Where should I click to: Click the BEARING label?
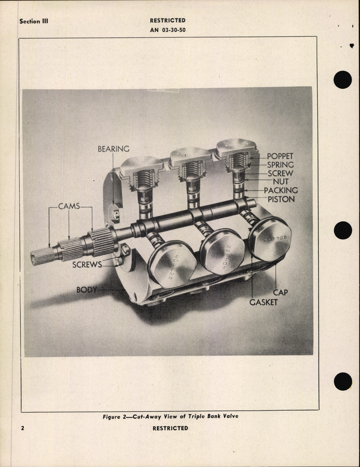click(x=113, y=149)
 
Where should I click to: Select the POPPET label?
click(x=280, y=156)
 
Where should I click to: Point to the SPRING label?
click(x=280, y=165)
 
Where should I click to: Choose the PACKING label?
click(x=281, y=190)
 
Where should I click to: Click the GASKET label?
click(x=263, y=302)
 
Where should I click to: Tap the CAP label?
click(x=280, y=292)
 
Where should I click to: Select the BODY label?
click(x=86, y=290)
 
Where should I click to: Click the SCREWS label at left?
click(x=87, y=265)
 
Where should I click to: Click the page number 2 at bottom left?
click(x=23, y=428)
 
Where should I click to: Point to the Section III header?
click(x=34, y=21)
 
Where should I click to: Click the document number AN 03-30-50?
click(x=168, y=30)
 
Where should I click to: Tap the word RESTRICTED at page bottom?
click(x=170, y=428)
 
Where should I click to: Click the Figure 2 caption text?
click(x=171, y=416)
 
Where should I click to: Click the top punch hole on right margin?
click(x=343, y=79)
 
